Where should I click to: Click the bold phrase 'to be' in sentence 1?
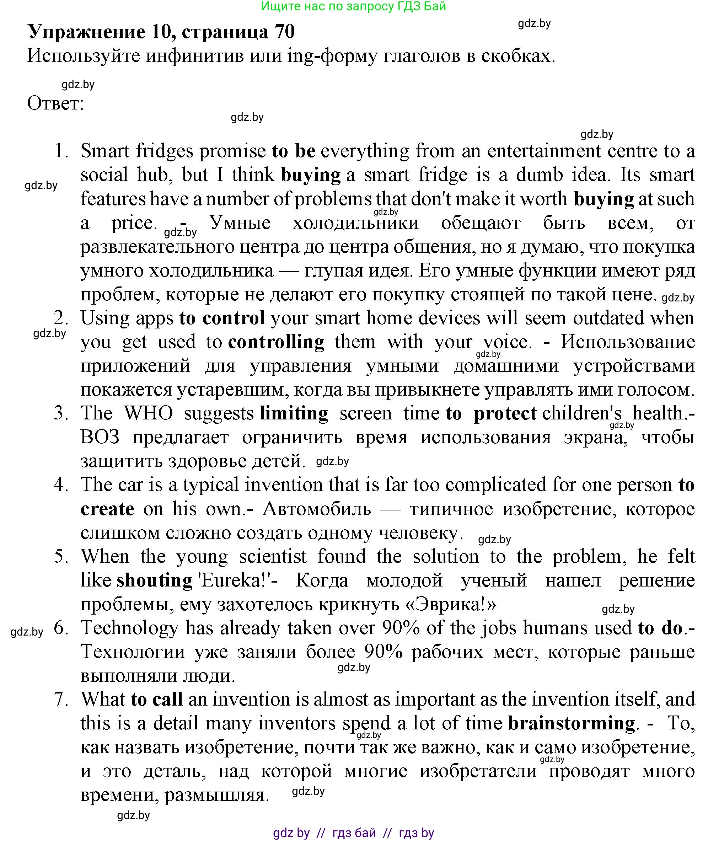pyautogui.click(x=293, y=151)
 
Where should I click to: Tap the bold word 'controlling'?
pyautogui.click(x=276, y=342)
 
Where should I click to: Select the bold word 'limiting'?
pyautogui.click(x=294, y=413)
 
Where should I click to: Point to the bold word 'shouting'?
pyautogui.click(x=155, y=581)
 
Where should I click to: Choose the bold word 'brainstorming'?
pyautogui.click(x=572, y=723)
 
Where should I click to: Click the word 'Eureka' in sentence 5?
pyautogui.click(x=232, y=581)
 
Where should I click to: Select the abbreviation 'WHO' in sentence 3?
pyautogui.click(x=149, y=413)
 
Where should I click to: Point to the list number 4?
pyautogui.click(x=61, y=485)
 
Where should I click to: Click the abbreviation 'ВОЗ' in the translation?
pyautogui.click(x=100, y=438)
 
